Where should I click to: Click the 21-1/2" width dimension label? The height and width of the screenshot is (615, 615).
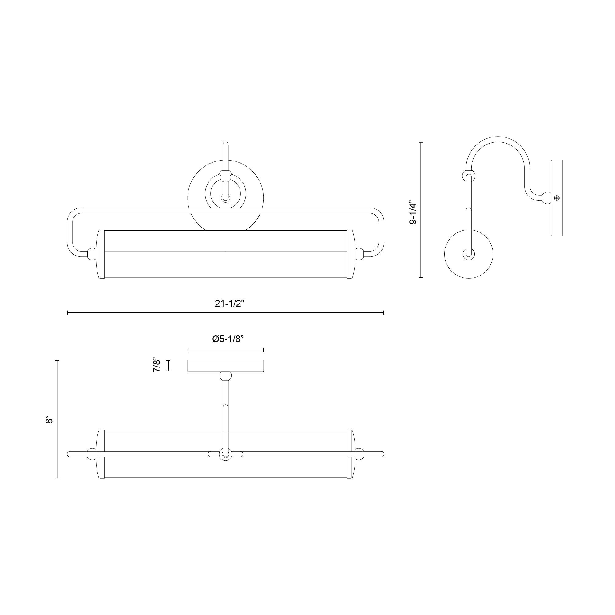point(229,304)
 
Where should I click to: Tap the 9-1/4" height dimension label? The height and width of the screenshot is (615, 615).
point(413,212)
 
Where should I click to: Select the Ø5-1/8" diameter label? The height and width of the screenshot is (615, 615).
point(228,339)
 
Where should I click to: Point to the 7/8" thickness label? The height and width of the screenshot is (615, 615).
point(157,365)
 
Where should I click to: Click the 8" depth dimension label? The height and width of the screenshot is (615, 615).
point(49,420)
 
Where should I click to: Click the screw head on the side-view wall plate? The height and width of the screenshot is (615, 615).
point(557,198)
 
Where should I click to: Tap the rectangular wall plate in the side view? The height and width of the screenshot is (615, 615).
point(557,198)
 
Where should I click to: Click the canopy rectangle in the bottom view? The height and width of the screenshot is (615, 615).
point(226,366)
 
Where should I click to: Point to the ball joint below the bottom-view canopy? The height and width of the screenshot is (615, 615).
point(226,376)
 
